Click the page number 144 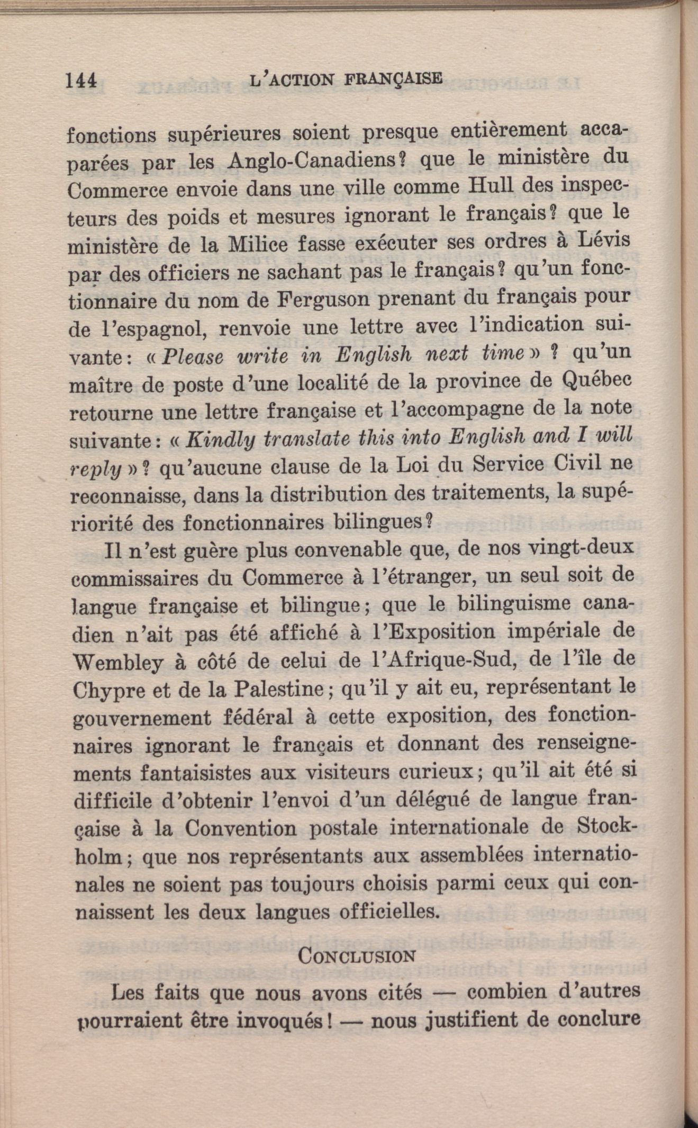pos(80,80)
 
